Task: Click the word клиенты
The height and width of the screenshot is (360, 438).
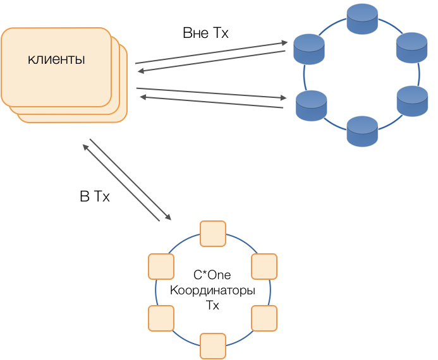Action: [56, 60]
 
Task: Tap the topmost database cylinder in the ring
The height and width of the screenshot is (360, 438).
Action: [362, 20]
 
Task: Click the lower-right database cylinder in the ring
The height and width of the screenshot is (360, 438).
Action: [412, 101]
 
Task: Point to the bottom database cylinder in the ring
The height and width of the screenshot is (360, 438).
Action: [362, 131]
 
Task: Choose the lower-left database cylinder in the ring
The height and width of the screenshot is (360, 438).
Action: [311, 105]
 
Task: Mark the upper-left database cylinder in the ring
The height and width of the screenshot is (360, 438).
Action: [309, 49]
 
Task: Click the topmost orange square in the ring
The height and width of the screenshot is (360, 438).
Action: [212, 233]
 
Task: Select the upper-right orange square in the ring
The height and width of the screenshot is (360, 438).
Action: [264, 266]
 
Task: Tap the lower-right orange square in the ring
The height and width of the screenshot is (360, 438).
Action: [264, 318]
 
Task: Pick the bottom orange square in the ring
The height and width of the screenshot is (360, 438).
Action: [212, 345]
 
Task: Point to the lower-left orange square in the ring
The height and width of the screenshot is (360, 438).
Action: [161, 318]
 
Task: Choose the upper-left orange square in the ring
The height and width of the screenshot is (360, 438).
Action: [161, 266]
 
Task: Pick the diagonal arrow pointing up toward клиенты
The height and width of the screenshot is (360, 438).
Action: [120, 183]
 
